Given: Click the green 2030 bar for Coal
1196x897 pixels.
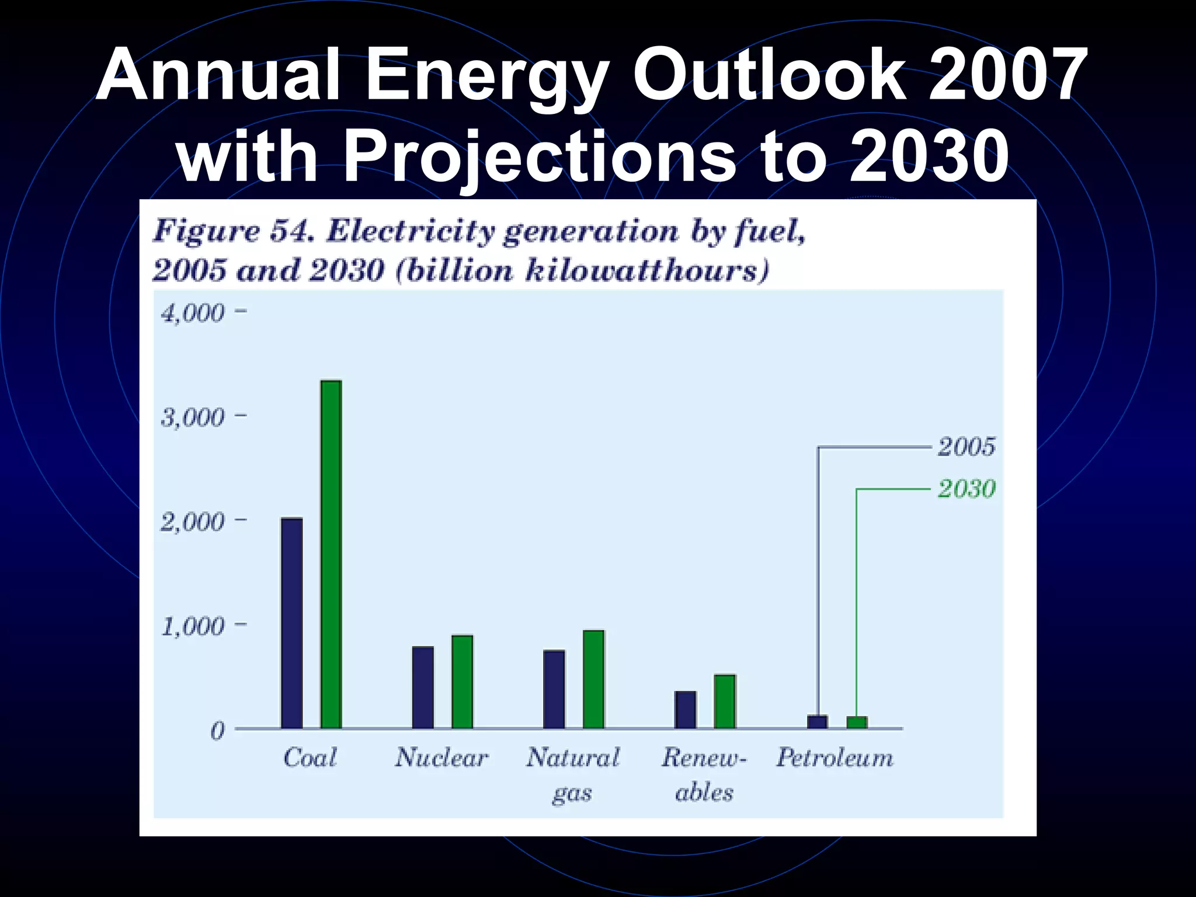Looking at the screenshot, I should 331,555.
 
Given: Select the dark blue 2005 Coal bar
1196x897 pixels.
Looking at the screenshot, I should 292,623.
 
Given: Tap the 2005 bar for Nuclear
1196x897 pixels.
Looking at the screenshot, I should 423,687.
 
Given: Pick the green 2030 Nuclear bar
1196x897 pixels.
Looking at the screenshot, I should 462,682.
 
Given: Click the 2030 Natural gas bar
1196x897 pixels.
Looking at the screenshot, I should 593,679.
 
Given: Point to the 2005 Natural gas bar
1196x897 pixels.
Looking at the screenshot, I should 554,689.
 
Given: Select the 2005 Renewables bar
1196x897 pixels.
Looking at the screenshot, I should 685,710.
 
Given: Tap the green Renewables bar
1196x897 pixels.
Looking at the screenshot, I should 725,701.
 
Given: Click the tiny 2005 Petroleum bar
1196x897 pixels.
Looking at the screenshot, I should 817,722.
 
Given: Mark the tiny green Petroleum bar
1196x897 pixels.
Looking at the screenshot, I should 857,722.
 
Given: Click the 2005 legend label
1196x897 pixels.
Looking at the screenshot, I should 966,447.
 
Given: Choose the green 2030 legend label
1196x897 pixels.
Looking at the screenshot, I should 966,489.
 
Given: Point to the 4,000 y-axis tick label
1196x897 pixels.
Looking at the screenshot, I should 193,314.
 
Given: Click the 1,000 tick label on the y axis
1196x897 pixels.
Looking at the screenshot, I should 193,627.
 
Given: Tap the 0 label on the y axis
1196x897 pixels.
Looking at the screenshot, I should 217,731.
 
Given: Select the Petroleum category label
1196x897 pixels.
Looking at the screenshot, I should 835,758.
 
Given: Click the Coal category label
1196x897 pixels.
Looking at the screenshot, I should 310,758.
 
